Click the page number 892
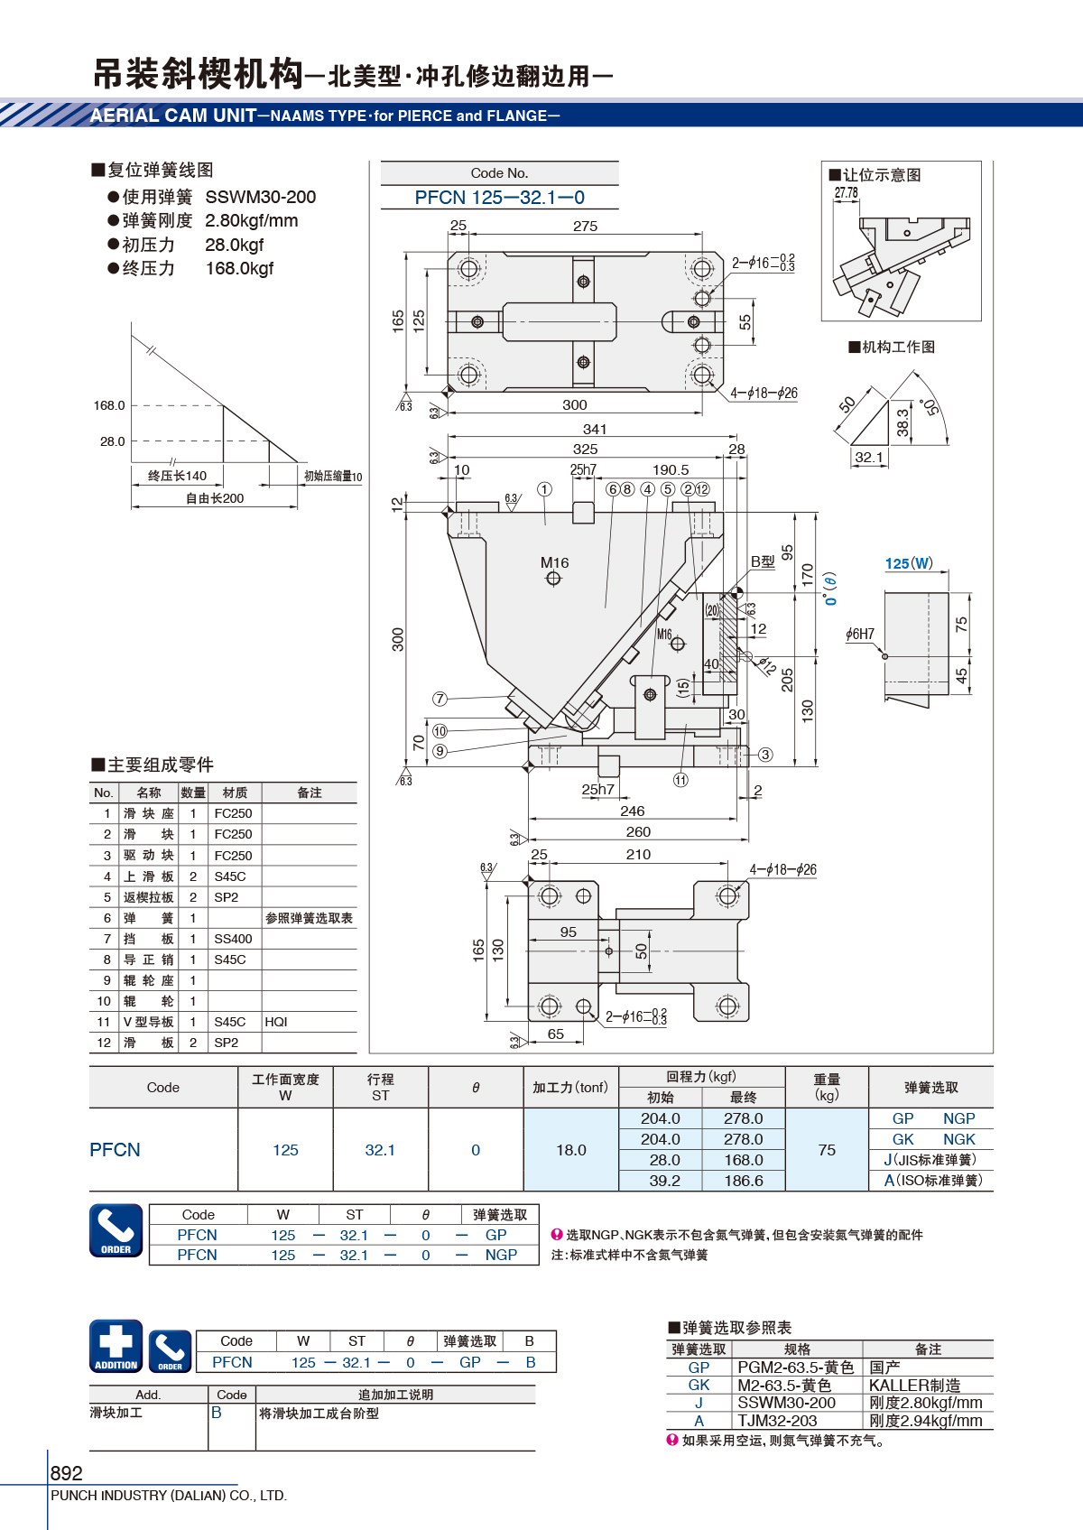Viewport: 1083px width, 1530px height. pos(66,1472)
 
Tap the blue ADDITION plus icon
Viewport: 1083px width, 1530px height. pos(116,1346)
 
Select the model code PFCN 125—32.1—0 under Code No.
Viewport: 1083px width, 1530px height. pos(499,198)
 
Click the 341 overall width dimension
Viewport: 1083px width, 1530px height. pos(595,429)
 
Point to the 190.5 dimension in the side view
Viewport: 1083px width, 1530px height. pos(671,470)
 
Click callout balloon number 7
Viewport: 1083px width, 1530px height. pos(440,699)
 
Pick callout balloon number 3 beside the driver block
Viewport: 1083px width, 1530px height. pos(765,754)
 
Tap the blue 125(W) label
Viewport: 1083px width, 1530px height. pos(909,563)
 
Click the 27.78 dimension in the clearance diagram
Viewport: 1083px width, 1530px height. pos(846,192)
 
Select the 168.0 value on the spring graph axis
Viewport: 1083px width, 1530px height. pos(109,405)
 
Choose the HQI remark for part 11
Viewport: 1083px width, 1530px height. pos(276,1022)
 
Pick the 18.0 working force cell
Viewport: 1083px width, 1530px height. pos(571,1150)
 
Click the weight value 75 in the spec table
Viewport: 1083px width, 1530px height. pos(827,1150)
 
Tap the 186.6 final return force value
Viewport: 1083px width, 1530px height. pos(744,1181)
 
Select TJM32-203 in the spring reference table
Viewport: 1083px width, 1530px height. pos(778,1421)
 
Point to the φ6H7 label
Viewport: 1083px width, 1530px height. pos(860,634)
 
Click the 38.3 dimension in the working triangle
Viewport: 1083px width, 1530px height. pos(902,422)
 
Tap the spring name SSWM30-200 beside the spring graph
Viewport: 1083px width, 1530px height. pos(261,197)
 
